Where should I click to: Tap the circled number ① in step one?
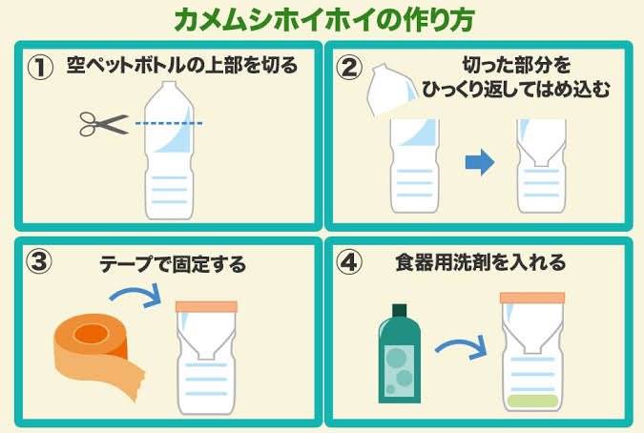tap(40, 68)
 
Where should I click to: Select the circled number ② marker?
tap(349, 68)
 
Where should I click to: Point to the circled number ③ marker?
tap(39, 261)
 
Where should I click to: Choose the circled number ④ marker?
tap(349, 262)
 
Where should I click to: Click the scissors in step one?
tap(103, 124)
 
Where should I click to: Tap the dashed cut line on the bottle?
tap(169, 123)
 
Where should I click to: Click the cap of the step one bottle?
tap(169, 86)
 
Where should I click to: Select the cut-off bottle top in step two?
tap(390, 90)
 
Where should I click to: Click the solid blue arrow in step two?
tap(480, 162)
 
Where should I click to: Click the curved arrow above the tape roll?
tap(135, 296)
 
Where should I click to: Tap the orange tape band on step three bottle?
tap(207, 307)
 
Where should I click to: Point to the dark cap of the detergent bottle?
tap(399, 311)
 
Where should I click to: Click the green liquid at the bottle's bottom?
tap(532, 401)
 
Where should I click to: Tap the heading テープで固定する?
tap(173, 264)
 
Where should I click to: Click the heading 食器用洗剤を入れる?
tap(481, 262)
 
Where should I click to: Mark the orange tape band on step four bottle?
tap(532, 298)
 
